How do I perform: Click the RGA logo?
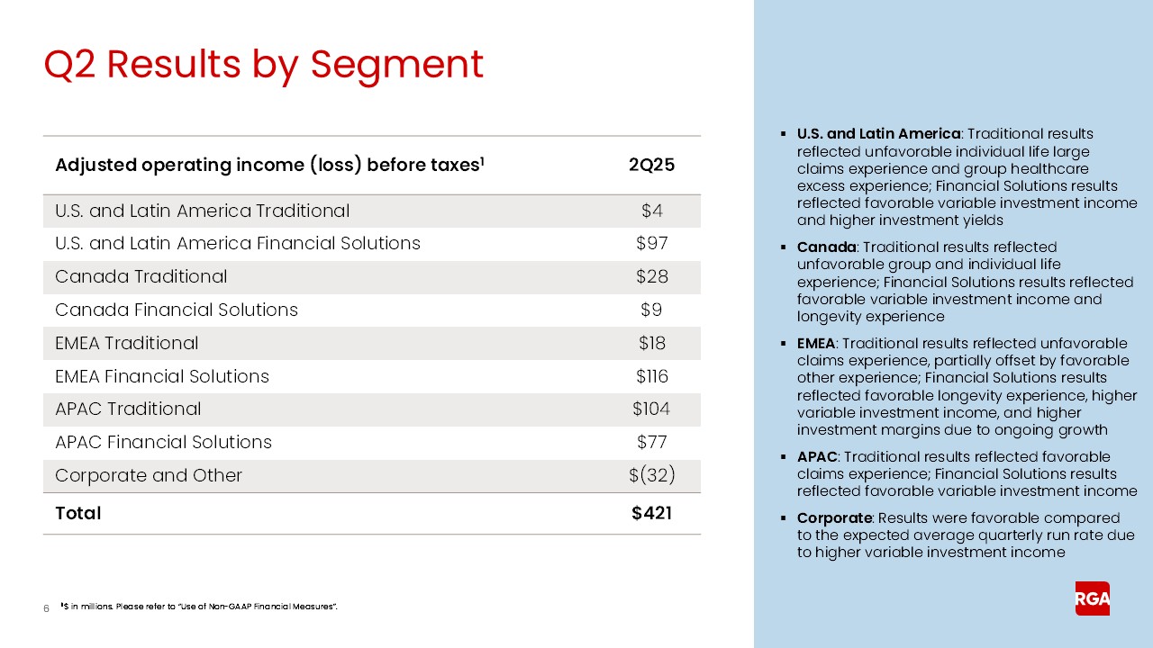(1092, 598)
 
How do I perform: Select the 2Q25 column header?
(651, 166)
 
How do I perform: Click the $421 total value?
(651, 513)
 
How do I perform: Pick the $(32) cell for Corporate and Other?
(651, 475)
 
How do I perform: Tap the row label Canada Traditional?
(141, 276)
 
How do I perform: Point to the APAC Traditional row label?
(128, 409)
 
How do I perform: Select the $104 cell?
(651, 409)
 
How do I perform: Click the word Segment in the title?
(396, 65)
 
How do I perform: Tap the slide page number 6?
(46, 609)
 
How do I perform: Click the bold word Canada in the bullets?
(824, 247)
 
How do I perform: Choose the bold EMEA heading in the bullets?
(816, 344)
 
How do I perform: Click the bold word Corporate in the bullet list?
(834, 518)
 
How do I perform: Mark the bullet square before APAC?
(784, 457)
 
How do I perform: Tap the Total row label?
(78, 513)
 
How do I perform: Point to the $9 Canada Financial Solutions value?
(651, 310)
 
